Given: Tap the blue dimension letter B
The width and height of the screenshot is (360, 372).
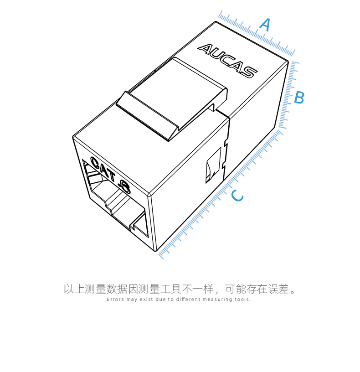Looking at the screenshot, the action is [299, 97].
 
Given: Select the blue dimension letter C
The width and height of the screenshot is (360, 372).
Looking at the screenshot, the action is [237, 196].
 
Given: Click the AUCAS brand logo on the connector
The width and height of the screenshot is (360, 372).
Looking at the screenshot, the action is [227, 61].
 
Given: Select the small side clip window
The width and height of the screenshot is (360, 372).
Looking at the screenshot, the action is [213, 165].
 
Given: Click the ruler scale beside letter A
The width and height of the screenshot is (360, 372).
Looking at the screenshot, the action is [257, 33].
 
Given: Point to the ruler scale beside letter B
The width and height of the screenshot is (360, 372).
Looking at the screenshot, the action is [289, 95].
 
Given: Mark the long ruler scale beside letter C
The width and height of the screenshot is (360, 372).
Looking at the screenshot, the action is [221, 194].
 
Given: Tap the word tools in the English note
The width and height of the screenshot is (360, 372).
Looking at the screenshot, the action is [242, 300].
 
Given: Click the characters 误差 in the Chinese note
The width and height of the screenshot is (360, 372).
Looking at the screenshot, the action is [278, 289].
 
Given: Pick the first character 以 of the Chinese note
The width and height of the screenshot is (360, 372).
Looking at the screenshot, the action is [68, 289].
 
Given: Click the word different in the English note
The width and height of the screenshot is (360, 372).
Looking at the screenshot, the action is [188, 300].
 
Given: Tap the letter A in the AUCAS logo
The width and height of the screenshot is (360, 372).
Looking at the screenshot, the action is [205, 49].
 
